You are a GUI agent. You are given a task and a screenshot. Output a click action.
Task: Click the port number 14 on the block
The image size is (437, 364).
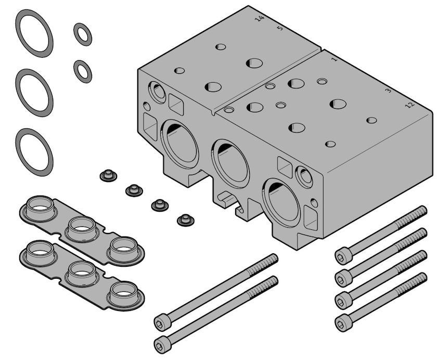click(x=260, y=19)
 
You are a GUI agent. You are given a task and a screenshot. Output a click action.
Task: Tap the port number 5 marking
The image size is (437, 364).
click(x=280, y=28)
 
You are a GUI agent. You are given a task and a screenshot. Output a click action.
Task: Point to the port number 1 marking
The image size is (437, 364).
click(x=335, y=59)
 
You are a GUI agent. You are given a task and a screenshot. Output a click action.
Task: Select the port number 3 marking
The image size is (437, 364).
click(x=388, y=90)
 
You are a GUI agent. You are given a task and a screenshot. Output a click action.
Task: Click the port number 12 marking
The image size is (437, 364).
click(x=410, y=105)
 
